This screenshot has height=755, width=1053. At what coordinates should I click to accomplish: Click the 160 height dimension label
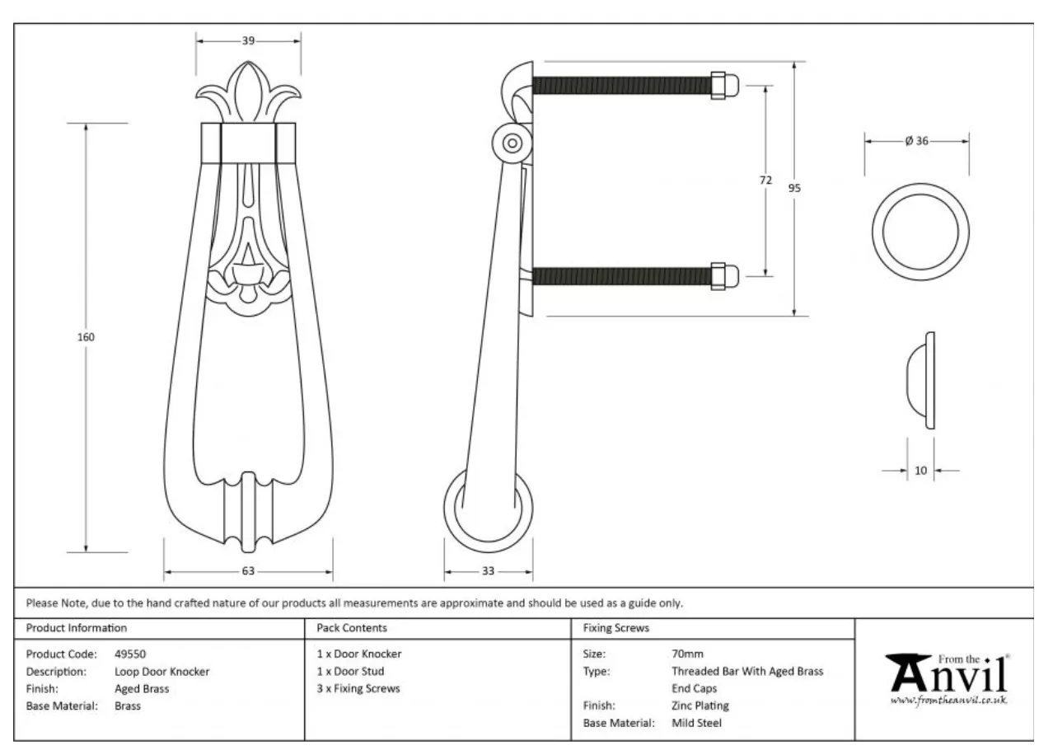tap(86, 337)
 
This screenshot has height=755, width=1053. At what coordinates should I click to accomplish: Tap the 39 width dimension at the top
tap(248, 41)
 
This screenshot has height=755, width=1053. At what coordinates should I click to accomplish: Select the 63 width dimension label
tap(248, 570)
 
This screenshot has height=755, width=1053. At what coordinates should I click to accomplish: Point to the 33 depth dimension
tap(488, 570)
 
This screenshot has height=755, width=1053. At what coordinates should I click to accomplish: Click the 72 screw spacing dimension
tap(765, 180)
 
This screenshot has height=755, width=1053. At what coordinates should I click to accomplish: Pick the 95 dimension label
tap(794, 188)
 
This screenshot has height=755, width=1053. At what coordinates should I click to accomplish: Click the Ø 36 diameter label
tap(917, 141)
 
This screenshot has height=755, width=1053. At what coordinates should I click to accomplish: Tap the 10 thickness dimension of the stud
tap(920, 470)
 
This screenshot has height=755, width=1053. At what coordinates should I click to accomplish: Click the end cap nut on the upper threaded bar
tap(724, 86)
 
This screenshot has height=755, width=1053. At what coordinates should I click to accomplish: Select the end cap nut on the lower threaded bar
tap(724, 276)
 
